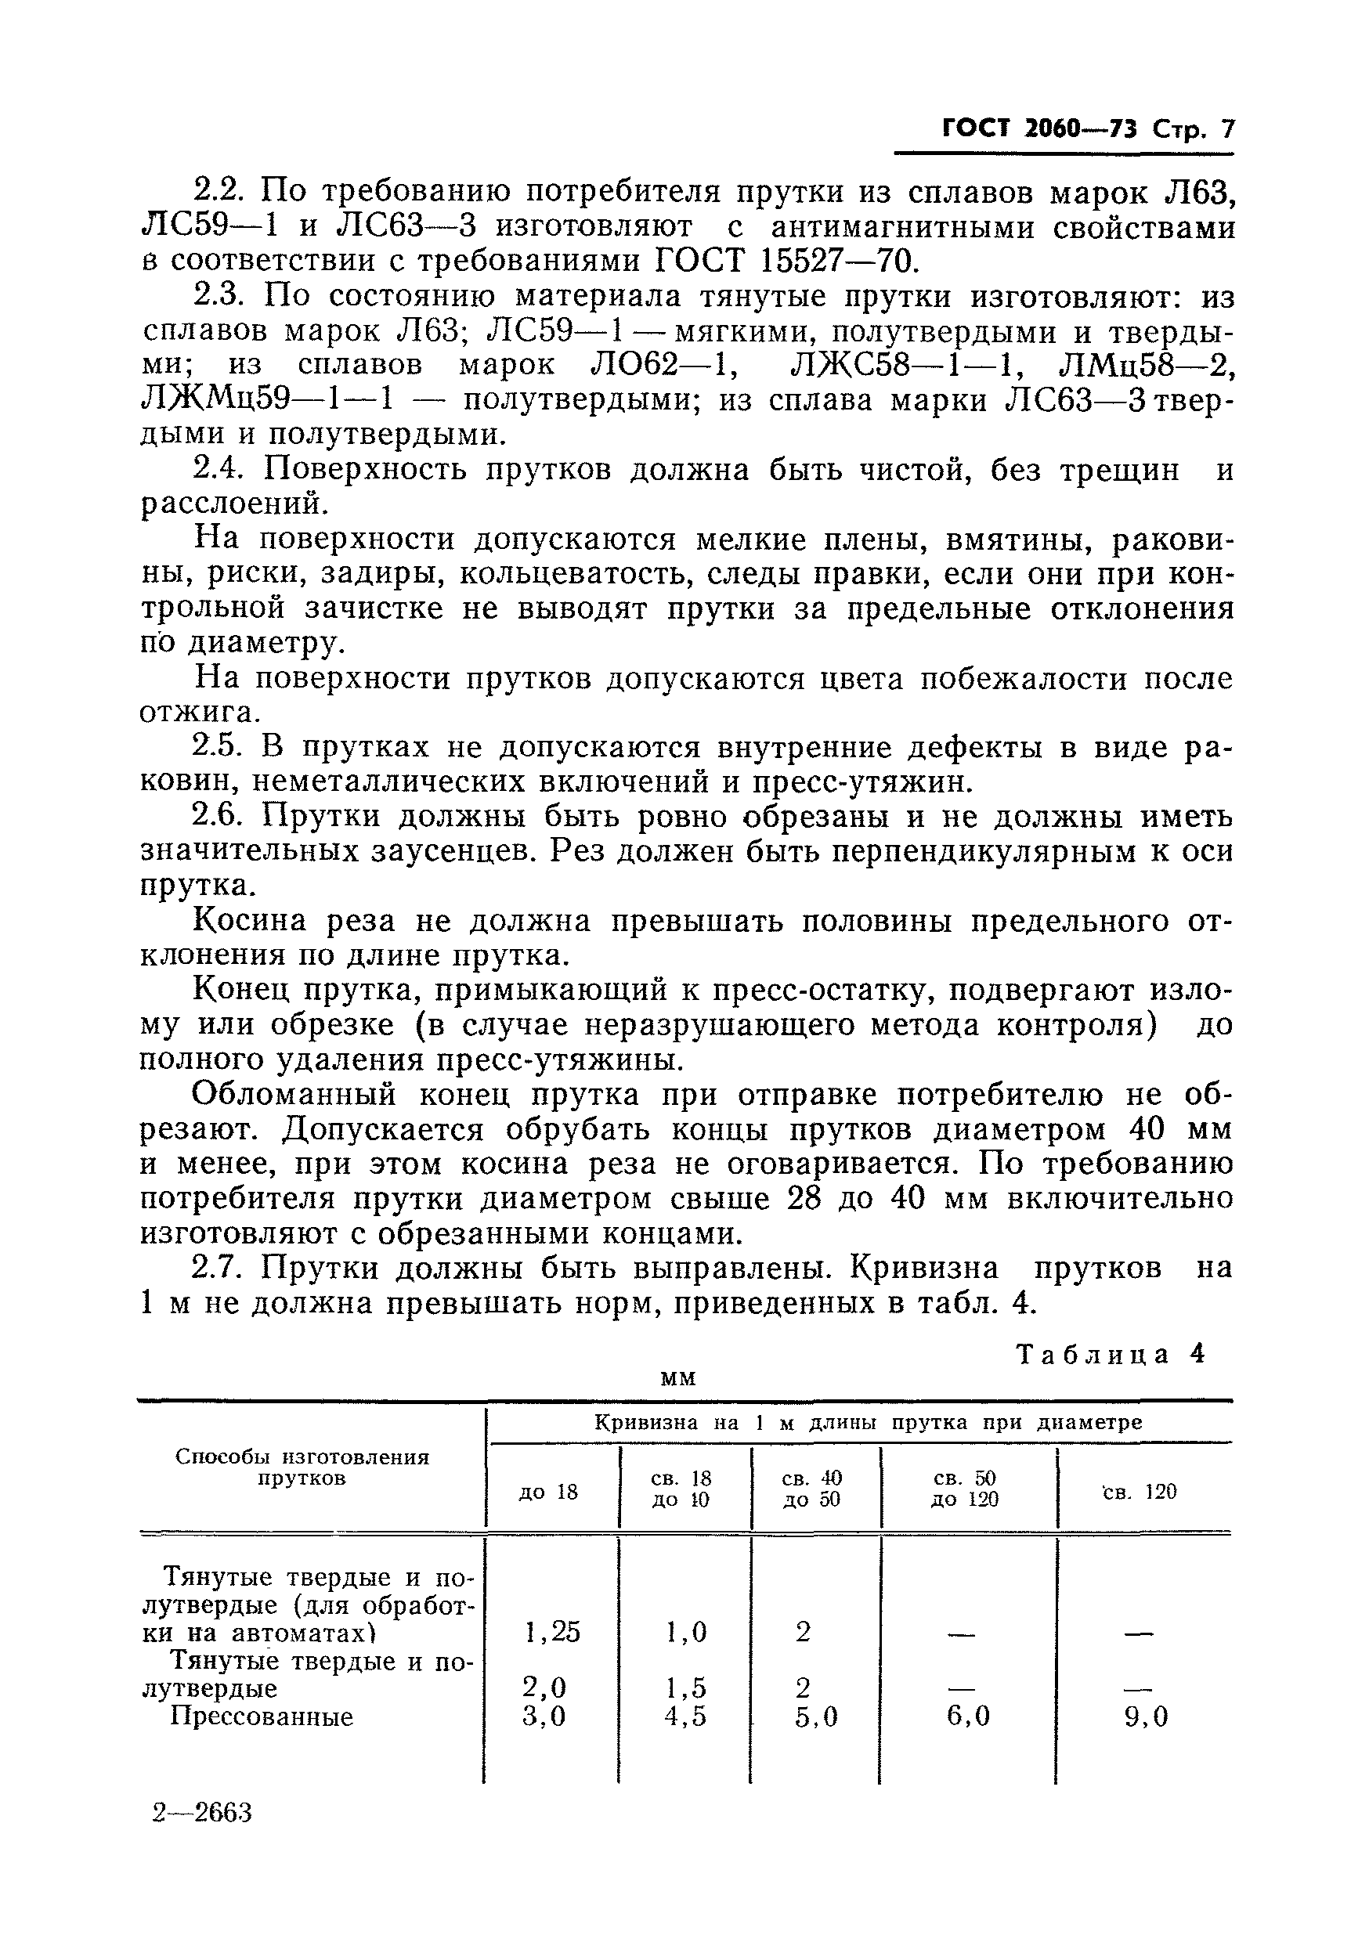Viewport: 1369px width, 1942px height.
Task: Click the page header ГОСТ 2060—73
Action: pos(1040,128)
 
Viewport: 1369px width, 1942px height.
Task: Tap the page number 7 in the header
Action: pos(1226,128)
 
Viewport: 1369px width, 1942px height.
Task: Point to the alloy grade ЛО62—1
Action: pos(662,366)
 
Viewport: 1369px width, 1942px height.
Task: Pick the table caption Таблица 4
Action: pos(1110,1354)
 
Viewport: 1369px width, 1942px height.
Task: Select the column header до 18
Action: pos(548,1492)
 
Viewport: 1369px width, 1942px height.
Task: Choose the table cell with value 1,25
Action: pos(551,1632)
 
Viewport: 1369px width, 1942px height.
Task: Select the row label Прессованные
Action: pos(262,1716)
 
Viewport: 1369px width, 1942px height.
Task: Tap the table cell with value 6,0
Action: pos(967,1716)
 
